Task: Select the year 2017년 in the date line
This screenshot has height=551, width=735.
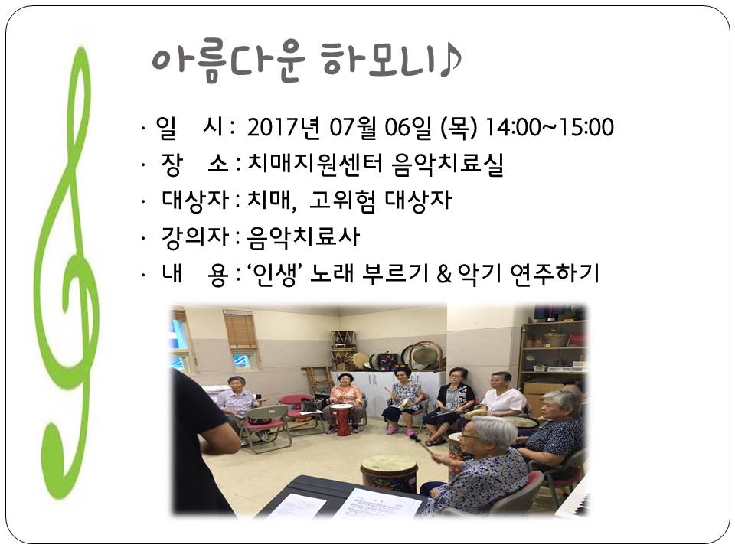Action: point(283,128)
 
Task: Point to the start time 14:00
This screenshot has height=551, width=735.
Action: point(513,128)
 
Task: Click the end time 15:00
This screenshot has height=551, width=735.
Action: point(586,128)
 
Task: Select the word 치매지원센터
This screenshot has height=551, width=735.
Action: point(315,165)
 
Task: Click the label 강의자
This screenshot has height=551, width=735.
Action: point(194,236)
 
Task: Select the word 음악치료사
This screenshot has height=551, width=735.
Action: point(303,236)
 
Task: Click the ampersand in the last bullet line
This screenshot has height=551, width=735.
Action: point(444,275)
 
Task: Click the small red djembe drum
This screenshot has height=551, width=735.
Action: point(341,419)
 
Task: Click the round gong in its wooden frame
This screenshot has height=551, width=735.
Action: point(425,357)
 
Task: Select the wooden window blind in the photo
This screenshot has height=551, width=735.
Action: point(240,329)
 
